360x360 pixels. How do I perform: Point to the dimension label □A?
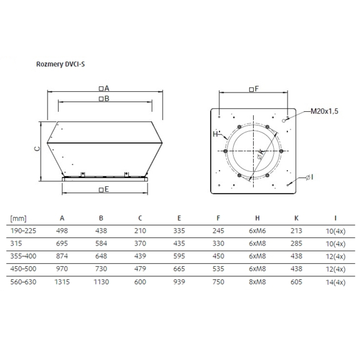pos(104,88)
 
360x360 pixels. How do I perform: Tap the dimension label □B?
pos(104,99)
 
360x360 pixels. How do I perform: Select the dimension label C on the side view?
pos(37,148)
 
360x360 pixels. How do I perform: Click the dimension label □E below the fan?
pos(104,189)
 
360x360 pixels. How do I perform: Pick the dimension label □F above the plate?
pos(253,89)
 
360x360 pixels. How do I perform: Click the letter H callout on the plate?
pos(214,134)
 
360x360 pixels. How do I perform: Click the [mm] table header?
pos(17,218)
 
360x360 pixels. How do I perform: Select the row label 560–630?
pos(23,282)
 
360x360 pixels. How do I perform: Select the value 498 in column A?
pos(62,231)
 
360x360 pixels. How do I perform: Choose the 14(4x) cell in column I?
pos(336,282)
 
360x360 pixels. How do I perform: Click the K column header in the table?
pos(296,218)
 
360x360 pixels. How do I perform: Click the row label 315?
pos(16,244)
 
